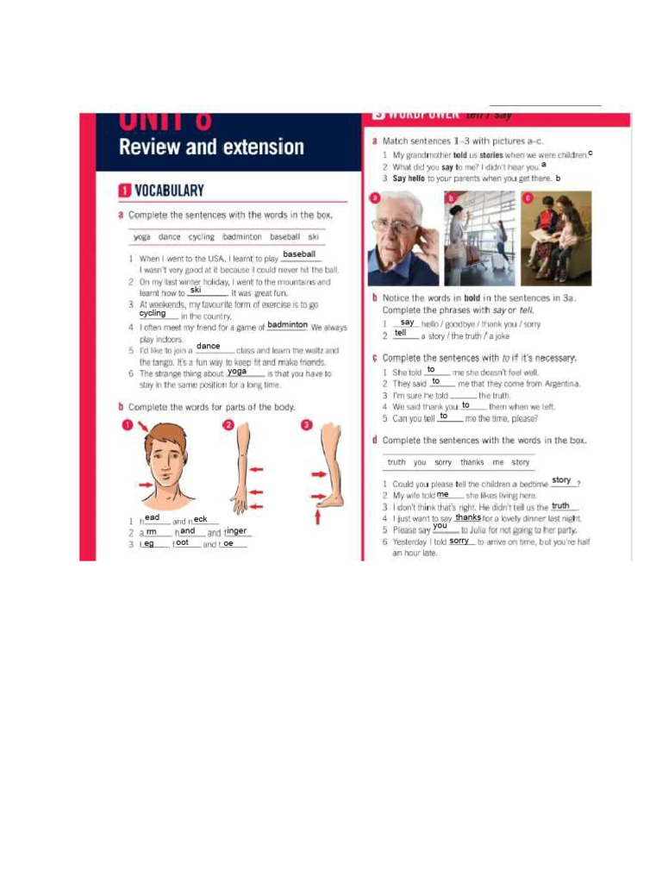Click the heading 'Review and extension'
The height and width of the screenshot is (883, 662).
click(x=211, y=147)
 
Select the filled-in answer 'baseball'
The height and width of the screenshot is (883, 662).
click(x=299, y=254)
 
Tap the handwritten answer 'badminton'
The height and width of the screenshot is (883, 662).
click(x=287, y=325)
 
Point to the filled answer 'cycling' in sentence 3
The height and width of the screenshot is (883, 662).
click(x=153, y=314)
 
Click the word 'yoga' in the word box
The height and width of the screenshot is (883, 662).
click(x=142, y=236)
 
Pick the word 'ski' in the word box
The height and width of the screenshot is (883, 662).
click(x=313, y=236)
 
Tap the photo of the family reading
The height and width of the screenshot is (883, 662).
click(x=556, y=239)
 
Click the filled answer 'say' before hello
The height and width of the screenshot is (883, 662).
click(x=408, y=323)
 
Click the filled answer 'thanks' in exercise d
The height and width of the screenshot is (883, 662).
click(x=468, y=517)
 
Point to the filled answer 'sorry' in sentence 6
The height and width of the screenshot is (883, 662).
click(x=459, y=541)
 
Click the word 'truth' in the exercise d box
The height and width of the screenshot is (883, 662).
click(x=397, y=462)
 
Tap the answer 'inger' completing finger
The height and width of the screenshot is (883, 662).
click(x=236, y=531)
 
